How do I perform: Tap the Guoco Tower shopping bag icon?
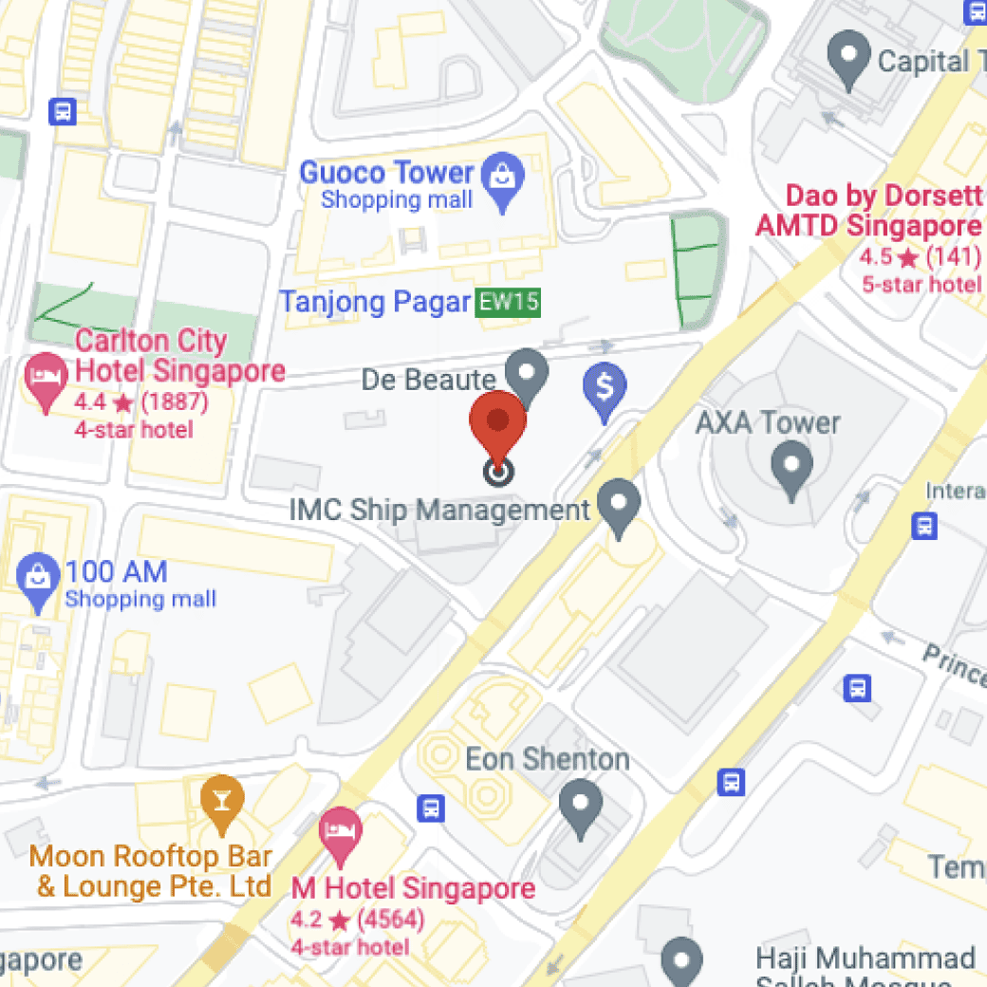click(502, 177)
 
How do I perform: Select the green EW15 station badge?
click(508, 303)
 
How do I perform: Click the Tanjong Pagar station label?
click(374, 303)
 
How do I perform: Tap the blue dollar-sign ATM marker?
click(604, 388)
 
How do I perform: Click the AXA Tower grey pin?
click(791, 469)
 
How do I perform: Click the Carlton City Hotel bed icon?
click(45, 377)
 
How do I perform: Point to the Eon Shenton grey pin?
click(580, 806)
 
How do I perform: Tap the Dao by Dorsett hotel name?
click(868, 211)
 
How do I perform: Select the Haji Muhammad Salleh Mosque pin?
click(681, 959)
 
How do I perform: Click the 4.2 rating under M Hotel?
click(306, 919)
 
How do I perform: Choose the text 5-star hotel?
click(921, 285)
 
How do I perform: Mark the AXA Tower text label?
click(768, 422)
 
